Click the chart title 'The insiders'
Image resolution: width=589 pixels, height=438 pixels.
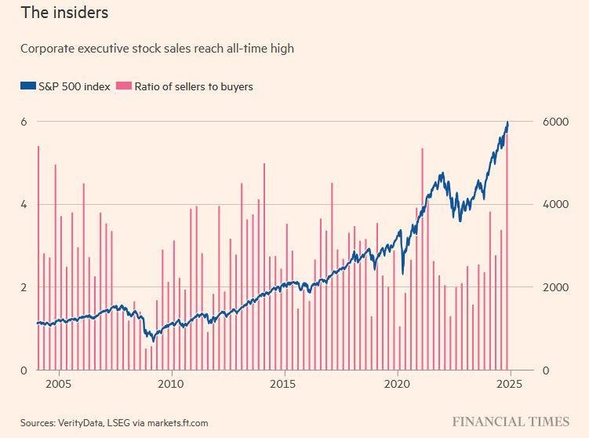point(64,13)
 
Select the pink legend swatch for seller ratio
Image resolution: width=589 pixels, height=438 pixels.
point(122,86)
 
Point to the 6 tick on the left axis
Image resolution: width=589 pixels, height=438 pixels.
point(24,122)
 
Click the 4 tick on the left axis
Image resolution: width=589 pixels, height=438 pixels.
point(24,204)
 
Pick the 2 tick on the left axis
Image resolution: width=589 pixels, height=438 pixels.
point(24,287)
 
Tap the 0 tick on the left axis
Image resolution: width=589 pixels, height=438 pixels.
point(24,370)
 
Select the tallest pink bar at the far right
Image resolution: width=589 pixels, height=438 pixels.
point(507,251)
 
